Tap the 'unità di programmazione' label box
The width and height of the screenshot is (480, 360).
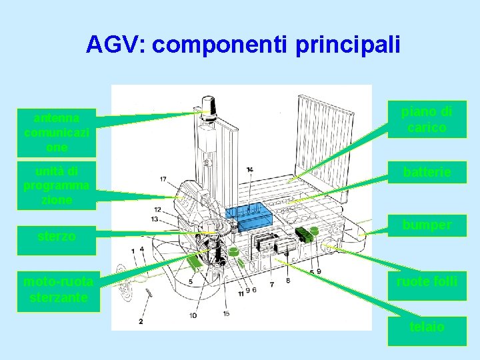pyautogui.click(x=57, y=185)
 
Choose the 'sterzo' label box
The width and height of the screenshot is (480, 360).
pyautogui.click(x=57, y=237)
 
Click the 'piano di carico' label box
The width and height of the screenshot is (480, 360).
pyautogui.click(x=427, y=119)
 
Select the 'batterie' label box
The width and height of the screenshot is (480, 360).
pyautogui.click(x=427, y=173)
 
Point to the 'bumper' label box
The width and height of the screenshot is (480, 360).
pyautogui.click(x=427, y=225)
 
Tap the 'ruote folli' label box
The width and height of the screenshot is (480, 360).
pyautogui.click(x=427, y=281)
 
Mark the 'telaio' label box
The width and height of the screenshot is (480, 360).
pyautogui.click(x=427, y=327)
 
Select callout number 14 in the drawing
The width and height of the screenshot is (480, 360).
pyautogui.click(x=249, y=170)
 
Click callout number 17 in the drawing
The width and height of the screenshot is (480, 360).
pyautogui.click(x=163, y=179)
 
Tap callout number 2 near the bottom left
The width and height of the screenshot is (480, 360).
pyautogui.click(x=141, y=321)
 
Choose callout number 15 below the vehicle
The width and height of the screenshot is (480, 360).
pyautogui.click(x=227, y=313)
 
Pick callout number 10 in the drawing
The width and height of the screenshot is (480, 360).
pyautogui.click(x=193, y=315)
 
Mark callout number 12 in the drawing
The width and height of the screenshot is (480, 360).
pyautogui.click(x=157, y=210)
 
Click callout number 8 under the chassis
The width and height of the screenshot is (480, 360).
pyautogui.click(x=288, y=281)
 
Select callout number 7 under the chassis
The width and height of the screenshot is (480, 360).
pyautogui.click(x=271, y=285)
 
